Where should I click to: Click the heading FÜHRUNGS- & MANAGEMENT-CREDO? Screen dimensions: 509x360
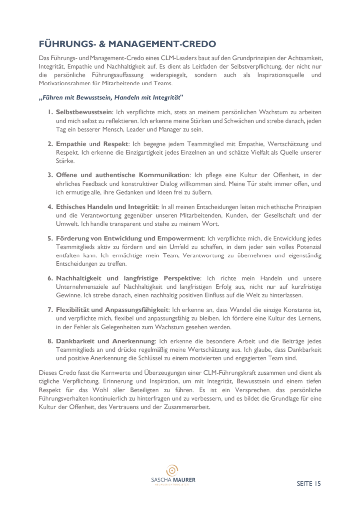coord(128,44)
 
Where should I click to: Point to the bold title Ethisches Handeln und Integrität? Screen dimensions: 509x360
coord(106,207)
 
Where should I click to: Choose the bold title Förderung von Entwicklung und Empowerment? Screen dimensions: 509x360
coord(130,238)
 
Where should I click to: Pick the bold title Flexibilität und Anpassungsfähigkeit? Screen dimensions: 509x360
coord(112,310)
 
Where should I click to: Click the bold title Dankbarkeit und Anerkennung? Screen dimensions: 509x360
coord(105,341)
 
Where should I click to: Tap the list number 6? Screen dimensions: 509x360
coord(50,278)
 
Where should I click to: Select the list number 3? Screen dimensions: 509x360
coord(50,175)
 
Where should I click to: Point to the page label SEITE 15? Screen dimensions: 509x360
coord(309,483)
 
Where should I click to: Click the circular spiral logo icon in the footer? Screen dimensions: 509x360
coord(173,470)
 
